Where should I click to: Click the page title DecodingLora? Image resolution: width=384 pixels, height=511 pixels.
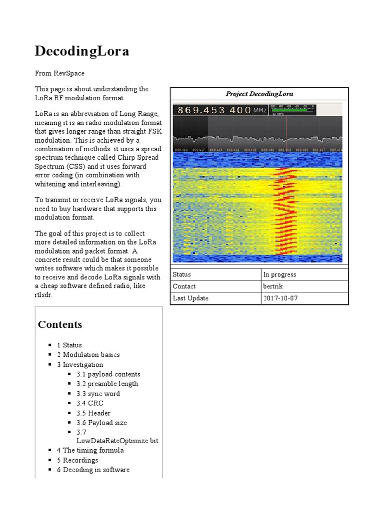tap(81, 51)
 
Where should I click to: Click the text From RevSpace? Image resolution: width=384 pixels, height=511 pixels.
tap(59, 73)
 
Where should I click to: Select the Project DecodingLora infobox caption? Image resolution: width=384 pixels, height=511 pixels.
tap(259, 94)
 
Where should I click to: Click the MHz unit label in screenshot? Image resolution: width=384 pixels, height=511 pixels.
tap(259, 110)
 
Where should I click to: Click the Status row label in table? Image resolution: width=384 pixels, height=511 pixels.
tap(182, 274)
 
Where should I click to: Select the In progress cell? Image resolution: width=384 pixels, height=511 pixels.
tap(279, 274)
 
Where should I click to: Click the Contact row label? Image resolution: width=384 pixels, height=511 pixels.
tap(184, 286)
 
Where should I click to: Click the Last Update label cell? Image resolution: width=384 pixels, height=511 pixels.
tap(190, 298)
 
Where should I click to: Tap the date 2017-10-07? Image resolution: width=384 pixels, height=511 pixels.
tap(280, 298)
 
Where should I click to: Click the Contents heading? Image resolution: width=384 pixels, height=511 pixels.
tap(60, 324)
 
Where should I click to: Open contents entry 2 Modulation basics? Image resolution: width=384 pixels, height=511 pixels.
tap(88, 355)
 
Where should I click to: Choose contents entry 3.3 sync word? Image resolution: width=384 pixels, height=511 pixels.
tap(98, 394)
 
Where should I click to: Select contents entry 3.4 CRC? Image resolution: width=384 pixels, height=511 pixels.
tap(90, 403)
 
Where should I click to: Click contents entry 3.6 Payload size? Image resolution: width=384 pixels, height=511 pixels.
tap(101, 423)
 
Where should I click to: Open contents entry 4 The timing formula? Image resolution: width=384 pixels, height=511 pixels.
tap(90, 450)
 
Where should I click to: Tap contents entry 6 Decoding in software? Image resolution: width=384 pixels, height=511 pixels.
tap(93, 470)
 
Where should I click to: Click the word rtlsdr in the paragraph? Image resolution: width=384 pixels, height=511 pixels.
tap(43, 295)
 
